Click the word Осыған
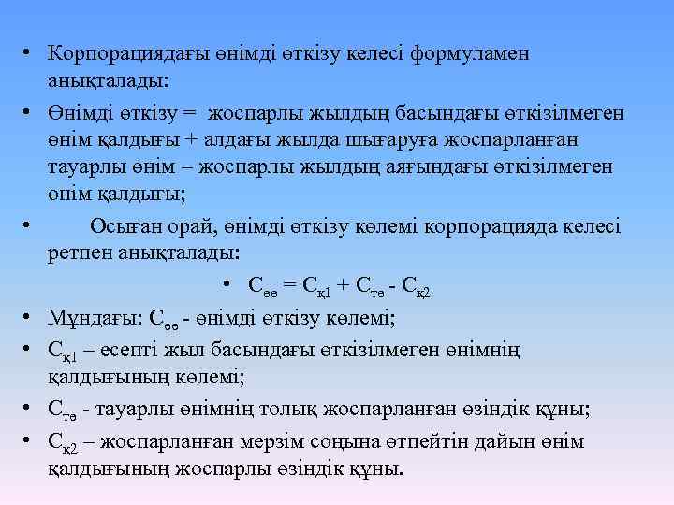124,226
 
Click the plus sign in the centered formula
343,286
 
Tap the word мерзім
274,440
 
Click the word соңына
343,440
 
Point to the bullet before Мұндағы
30,318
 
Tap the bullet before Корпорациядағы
30,52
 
